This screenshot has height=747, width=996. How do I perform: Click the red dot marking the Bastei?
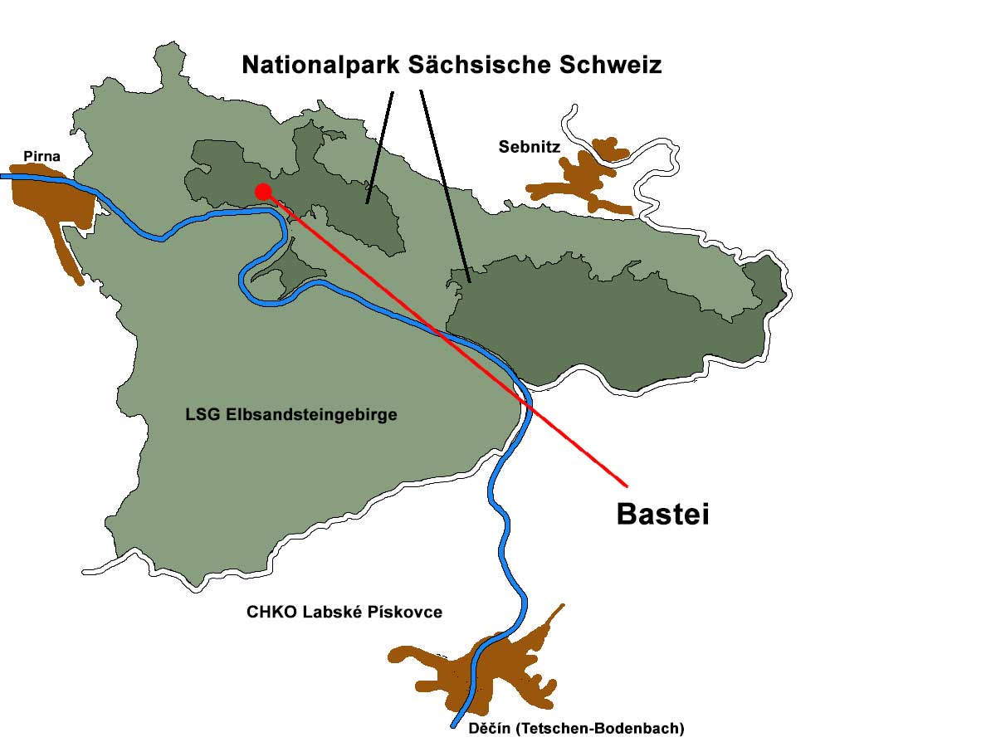pyautogui.click(x=263, y=191)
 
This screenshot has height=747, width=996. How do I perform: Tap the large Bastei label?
pyautogui.click(x=662, y=515)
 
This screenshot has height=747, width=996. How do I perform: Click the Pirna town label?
pyautogui.click(x=41, y=156)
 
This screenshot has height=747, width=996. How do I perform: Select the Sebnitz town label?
pyautogui.click(x=530, y=147)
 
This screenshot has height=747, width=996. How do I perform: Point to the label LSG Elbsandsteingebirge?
pyautogui.click(x=291, y=415)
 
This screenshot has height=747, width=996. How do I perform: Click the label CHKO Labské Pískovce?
pyautogui.click(x=344, y=613)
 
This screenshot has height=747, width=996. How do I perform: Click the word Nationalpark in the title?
pyautogui.click(x=322, y=65)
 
